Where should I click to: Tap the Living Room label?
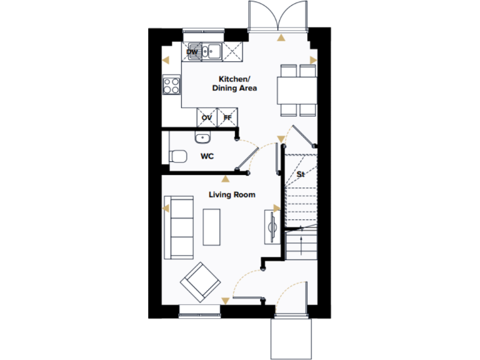tap(232, 195)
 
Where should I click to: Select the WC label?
tap(207, 156)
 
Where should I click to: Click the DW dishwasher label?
tap(192, 52)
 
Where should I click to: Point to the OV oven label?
tap(207, 117)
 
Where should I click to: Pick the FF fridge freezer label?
tap(227, 117)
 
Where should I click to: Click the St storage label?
tap(300, 173)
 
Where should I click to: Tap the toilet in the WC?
tap(177, 156)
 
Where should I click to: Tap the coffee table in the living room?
tap(212, 226)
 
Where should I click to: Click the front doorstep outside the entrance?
tap(291, 337)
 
